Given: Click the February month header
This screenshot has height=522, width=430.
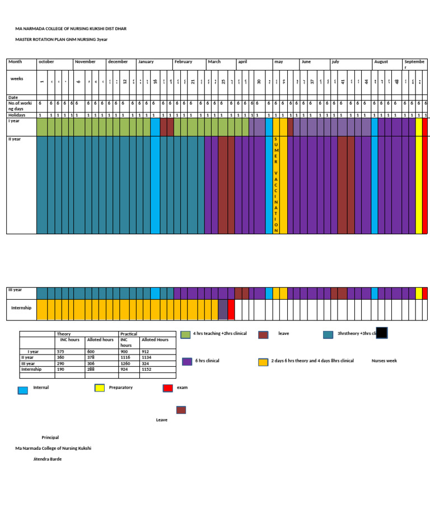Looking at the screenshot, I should click(x=183, y=62).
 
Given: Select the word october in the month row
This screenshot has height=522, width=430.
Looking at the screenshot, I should click(x=46, y=62).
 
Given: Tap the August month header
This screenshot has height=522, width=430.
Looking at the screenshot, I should click(x=381, y=62).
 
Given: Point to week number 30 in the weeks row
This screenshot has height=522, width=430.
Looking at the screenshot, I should click(x=259, y=82).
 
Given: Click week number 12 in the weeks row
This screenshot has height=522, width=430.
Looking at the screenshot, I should click(x=125, y=82).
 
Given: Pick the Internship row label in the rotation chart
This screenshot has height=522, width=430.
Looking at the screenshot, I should click(x=21, y=308).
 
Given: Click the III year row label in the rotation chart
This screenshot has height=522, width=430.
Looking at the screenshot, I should click(x=15, y=290).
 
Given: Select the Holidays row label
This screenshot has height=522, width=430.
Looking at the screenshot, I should click(x=17, y=115).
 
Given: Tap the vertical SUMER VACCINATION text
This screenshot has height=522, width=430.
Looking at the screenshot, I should click(x=276, y=184).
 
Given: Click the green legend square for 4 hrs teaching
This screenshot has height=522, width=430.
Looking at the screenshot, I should click(x=186, y=334).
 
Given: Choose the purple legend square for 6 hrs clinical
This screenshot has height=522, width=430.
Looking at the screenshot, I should click(x=187, y=362).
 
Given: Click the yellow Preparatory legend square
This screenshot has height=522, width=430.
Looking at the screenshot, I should click(x=100, y=388).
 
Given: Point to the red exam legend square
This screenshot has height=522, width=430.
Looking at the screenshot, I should click(x=167, y=388).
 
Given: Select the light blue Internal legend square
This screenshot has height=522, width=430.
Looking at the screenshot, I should click(x=23, y=390).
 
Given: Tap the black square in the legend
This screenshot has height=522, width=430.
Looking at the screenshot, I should click(x=382, y=333).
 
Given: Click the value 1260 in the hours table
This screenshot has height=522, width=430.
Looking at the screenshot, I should click(x=125, y=363).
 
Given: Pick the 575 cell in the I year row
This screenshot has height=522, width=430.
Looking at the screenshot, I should click(x=62, y=352).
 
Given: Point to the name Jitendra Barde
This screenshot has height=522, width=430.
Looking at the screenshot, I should click(x=48, y=459).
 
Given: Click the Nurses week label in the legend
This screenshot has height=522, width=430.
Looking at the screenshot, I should click(x=384, y=361).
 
